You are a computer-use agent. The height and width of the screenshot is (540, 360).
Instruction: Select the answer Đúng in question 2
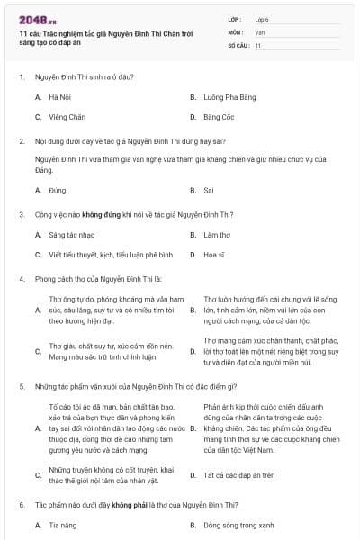point(58,190)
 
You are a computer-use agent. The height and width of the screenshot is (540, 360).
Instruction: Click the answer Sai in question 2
point(208,190)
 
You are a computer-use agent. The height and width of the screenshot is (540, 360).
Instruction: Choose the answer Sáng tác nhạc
point(70,234)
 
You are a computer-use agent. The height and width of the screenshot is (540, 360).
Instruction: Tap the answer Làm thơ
point(217,234)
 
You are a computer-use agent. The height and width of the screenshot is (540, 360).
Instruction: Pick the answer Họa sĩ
point(214,255)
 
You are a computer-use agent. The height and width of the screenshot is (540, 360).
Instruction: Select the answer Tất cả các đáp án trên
point(238,474)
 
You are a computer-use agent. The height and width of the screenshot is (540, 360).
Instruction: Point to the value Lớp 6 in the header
point(262,18)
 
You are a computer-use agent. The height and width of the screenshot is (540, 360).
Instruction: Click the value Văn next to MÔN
point(259,31)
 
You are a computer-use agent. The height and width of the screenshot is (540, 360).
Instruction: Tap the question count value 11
point(257,45)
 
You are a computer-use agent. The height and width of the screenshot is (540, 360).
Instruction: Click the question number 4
point(21,279)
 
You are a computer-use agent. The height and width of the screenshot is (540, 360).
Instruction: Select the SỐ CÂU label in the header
point(238,45)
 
